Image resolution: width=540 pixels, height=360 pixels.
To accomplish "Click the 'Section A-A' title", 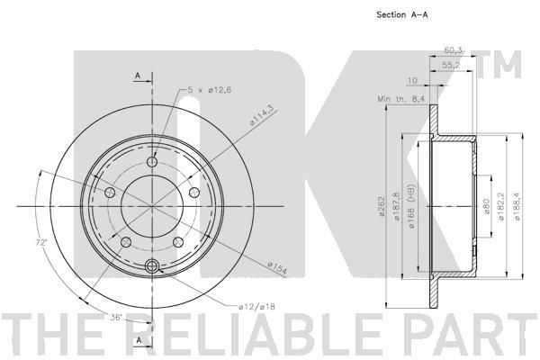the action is (402, 14).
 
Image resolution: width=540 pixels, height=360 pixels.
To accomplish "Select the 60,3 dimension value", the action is (453, 50).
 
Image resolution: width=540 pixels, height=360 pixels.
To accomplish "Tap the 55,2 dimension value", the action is (451, 65).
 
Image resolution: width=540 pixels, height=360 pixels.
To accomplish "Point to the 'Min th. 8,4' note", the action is (401, 99).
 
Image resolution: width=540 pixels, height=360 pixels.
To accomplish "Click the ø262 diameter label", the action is (382, 206).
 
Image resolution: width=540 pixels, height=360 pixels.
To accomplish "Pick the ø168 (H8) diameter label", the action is (411, 206).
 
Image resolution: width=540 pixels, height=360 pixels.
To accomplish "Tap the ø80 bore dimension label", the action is (487, 206).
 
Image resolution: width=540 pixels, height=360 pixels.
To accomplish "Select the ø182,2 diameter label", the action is (501, 206).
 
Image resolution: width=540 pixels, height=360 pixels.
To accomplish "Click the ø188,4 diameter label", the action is (517, 206).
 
